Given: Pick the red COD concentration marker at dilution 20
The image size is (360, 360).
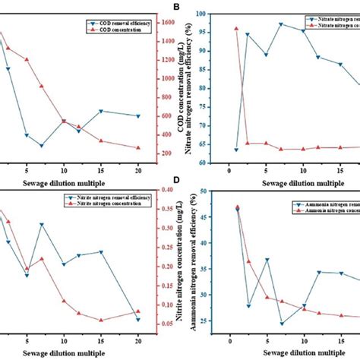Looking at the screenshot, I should [x=137, y=148].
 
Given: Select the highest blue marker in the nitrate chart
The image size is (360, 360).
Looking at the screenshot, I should [x=280, y=24].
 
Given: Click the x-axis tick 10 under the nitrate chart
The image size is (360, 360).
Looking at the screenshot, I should [x=303, y=172].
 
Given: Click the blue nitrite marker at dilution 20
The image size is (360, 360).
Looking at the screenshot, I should [x=137, y=320].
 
